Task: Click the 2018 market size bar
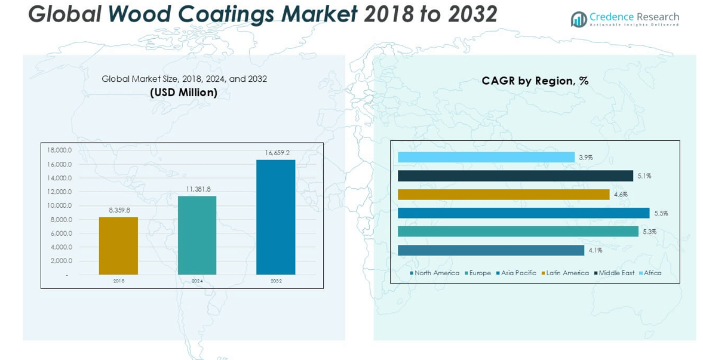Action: (118, 245)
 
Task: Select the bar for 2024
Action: (197, 235)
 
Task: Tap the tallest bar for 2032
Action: (275, 217)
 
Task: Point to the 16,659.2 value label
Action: (277, 153)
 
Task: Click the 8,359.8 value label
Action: (119, 210)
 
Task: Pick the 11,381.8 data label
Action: (198, 189)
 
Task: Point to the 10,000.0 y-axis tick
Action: (60, 205)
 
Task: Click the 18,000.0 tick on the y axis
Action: (60, 150)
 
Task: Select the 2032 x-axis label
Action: (276, 281)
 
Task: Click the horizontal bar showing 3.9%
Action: (486, 157)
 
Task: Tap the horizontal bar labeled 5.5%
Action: (523, 213)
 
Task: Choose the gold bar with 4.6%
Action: (504, 194)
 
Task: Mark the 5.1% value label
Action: (644, 176)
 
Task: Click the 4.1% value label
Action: (595, 250)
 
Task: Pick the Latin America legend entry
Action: (566, 273)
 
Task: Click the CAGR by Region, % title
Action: (535, 81)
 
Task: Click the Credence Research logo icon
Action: (578, 19)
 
